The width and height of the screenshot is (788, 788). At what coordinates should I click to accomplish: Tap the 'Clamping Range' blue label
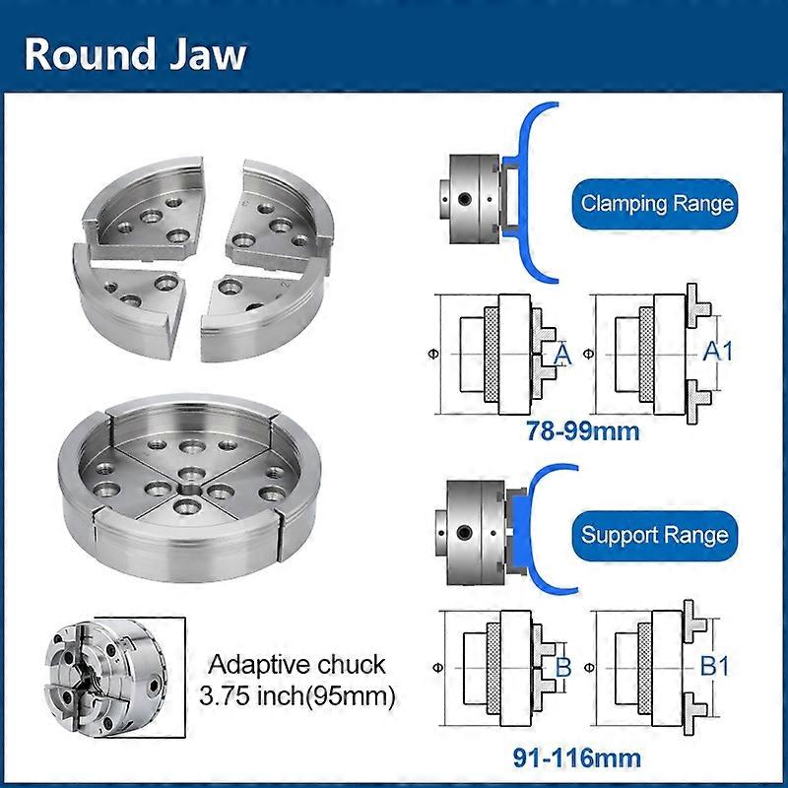click(x=657, y=204)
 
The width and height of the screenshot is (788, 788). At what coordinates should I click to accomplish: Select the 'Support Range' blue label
click(x=655, y=536)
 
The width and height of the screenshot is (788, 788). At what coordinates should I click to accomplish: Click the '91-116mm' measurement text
click(x=576, y=758)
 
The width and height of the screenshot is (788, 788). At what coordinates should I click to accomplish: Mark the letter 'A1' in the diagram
click(x=717, y=352)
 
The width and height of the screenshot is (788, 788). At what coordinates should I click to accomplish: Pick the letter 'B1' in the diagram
click(x=715, y=667)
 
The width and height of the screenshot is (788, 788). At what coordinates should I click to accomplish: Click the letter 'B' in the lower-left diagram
click(x=563, y=667)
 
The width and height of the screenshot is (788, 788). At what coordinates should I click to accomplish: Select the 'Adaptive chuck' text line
click(x=295, y=664)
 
